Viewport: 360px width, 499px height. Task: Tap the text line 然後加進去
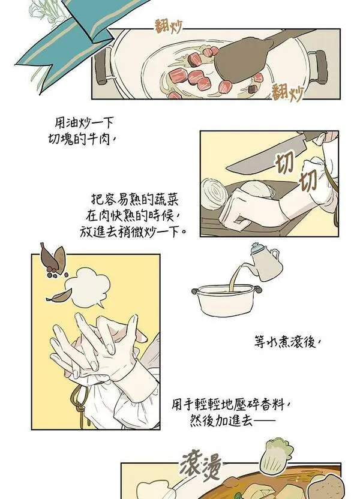(232, 420)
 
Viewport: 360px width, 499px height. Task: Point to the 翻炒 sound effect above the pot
(168, 27)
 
